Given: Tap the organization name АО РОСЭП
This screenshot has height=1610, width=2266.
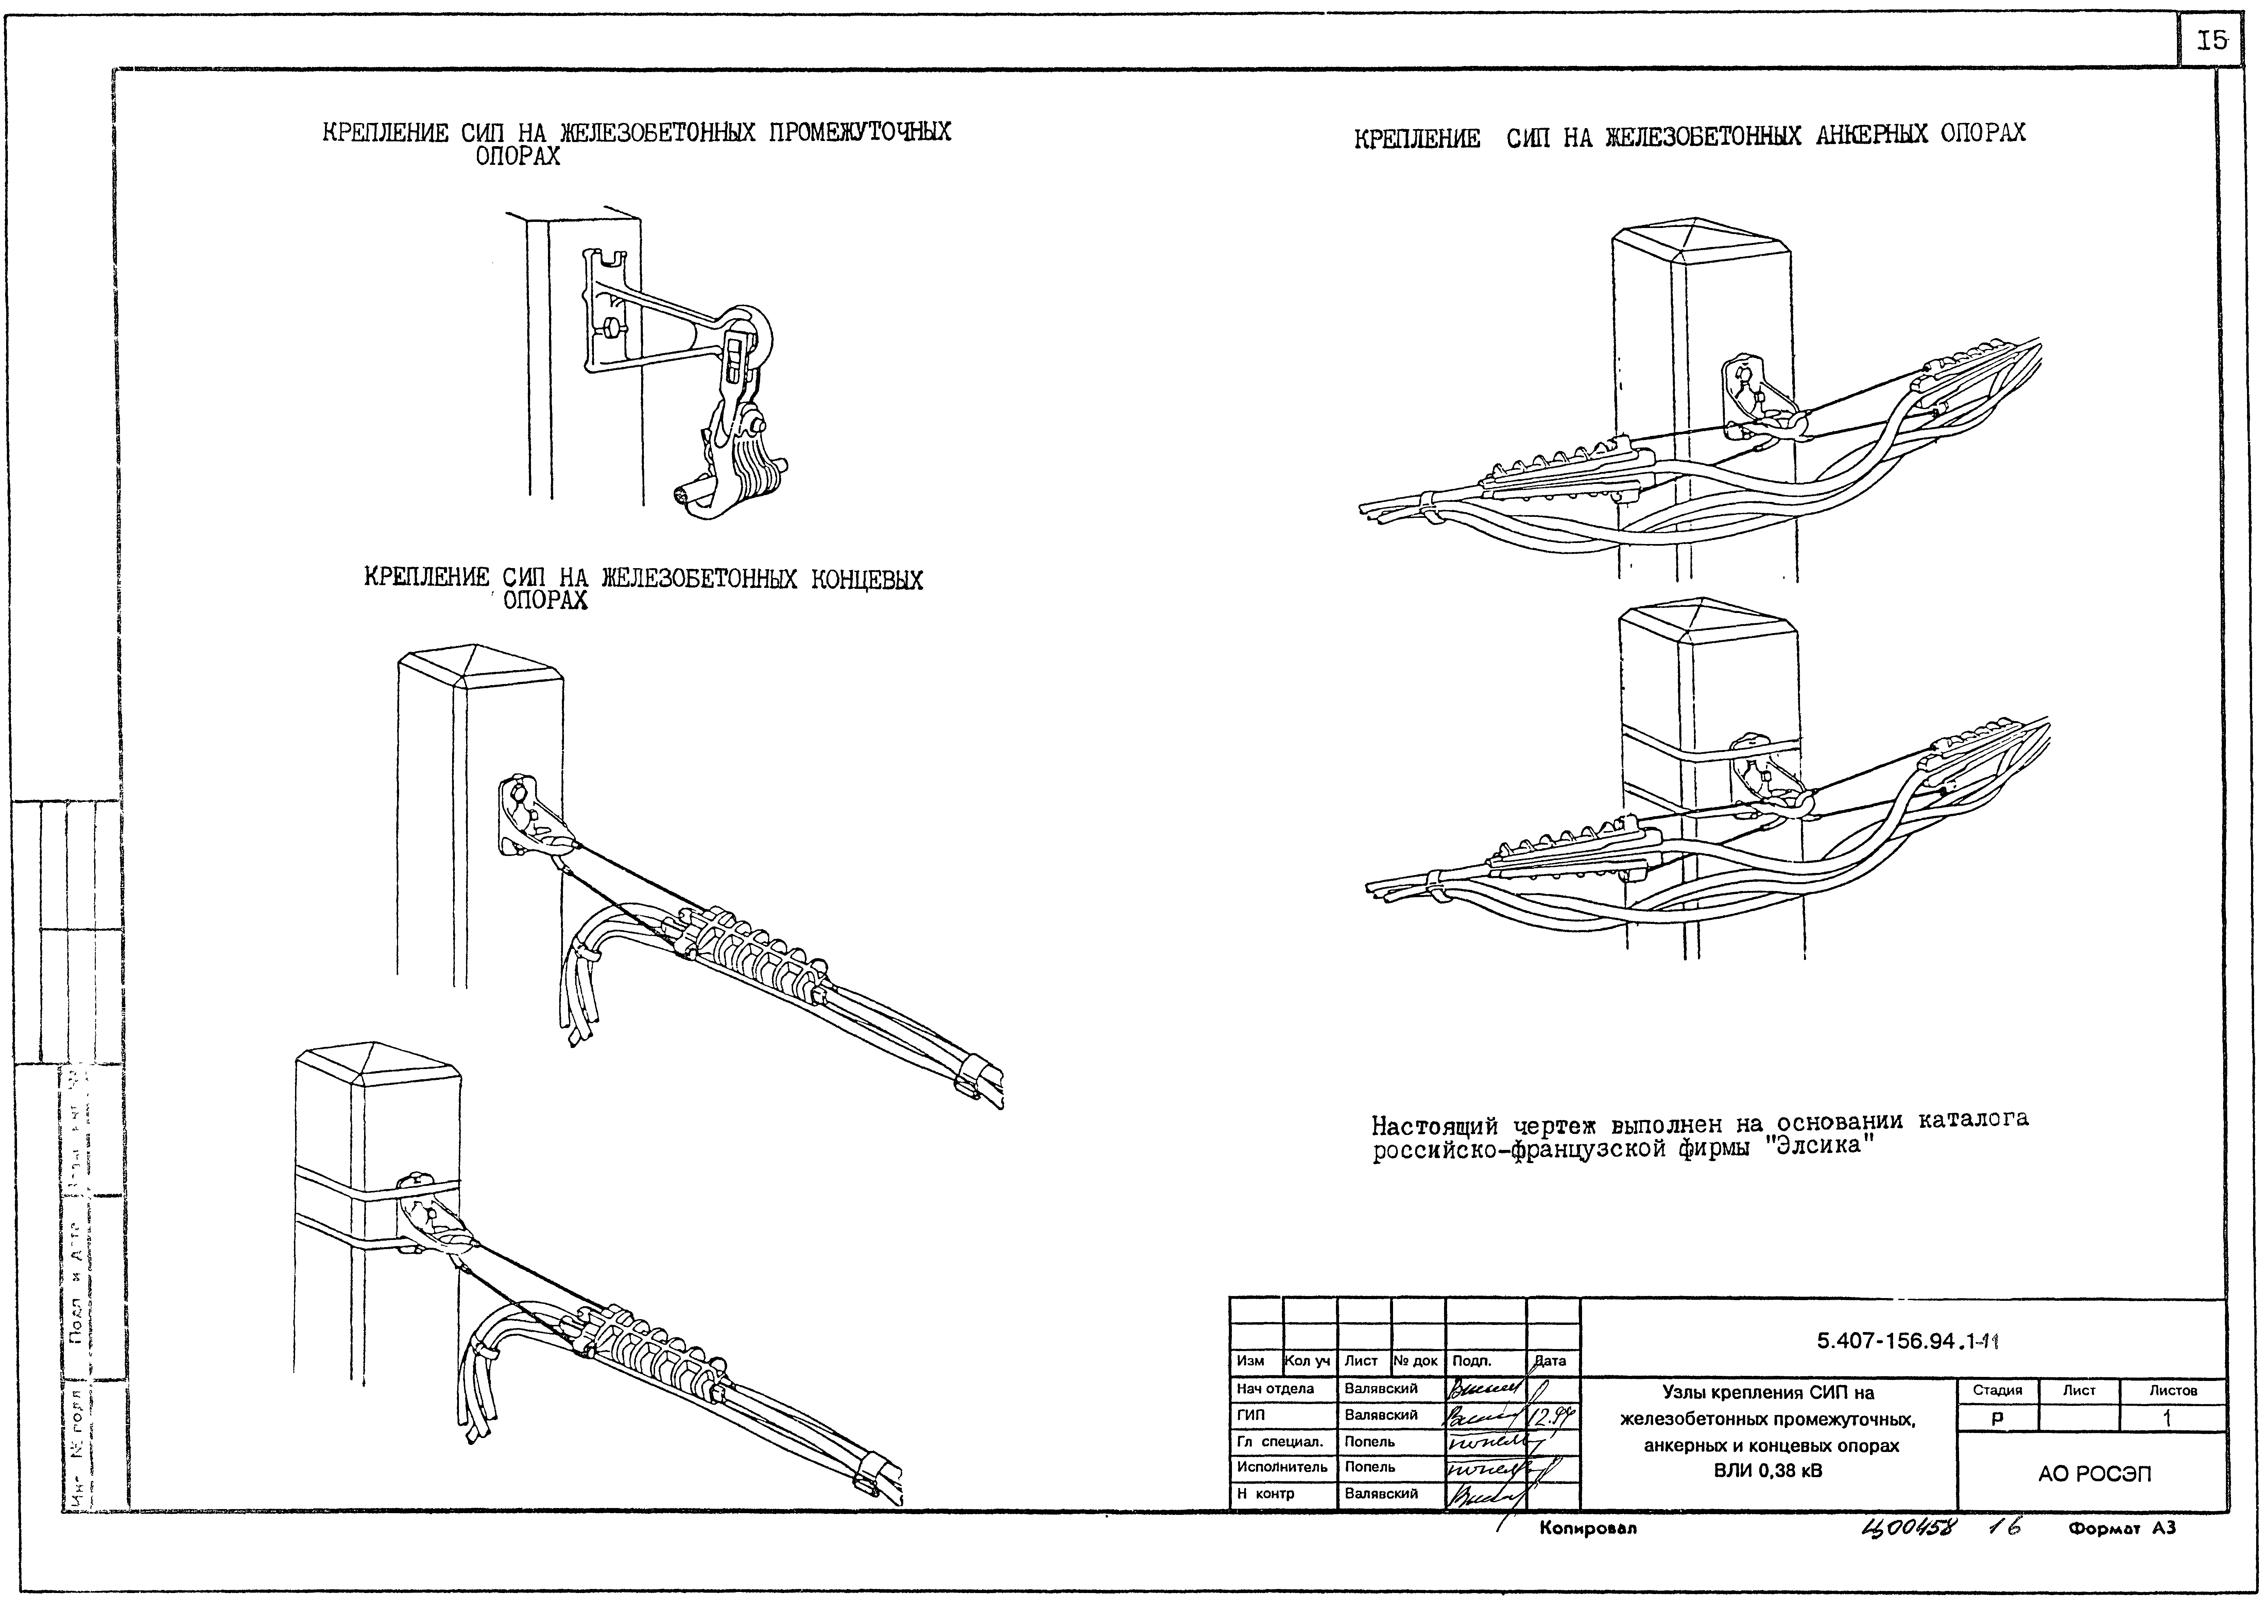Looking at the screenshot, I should point(2094,1474).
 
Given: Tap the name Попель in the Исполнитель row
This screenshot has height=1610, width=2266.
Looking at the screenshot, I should point(1370,1466).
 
